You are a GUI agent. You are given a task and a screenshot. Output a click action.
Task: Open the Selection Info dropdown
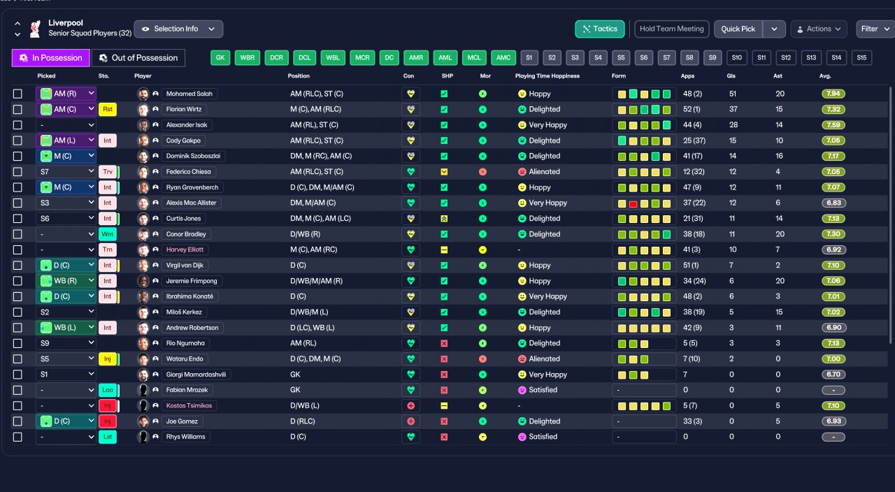(178, 29)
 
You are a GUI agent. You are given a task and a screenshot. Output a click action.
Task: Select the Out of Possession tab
(138, 58)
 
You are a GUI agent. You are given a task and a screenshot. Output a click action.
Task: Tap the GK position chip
(220, 58)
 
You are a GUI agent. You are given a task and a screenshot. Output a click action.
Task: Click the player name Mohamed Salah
(191, 94)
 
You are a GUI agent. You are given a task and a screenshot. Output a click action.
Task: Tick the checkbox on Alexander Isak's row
(17, 125)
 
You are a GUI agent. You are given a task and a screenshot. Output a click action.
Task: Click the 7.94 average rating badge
(833, 94)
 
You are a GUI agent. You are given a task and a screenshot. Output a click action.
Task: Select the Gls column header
(732, 75)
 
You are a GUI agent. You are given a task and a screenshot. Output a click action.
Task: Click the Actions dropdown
(818, 29)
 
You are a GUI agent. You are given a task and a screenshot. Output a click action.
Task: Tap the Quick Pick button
(738, 29)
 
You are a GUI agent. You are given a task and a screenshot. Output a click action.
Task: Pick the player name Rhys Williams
(185, 437)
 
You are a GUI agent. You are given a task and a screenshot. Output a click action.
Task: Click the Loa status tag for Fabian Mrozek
(108, 390)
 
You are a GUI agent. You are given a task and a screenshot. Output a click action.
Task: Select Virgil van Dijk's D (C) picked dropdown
(66, 266)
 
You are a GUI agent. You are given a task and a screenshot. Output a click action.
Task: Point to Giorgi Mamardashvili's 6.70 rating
(833, 375)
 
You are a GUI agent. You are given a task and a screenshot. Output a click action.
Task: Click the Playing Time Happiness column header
(547, 75)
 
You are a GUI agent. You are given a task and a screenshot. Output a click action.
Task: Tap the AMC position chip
(503, 58)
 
